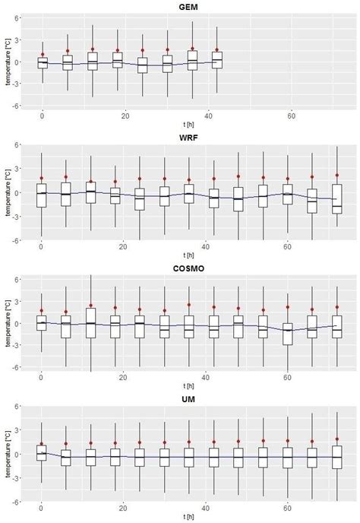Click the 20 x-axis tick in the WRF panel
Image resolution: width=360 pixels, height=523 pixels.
coord(125,246)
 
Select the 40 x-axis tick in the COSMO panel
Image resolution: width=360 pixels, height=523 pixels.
coord(207,376)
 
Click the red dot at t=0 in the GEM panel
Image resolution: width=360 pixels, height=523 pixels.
coord(42,54)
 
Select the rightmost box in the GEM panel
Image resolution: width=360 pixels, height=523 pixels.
coord(217,60)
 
